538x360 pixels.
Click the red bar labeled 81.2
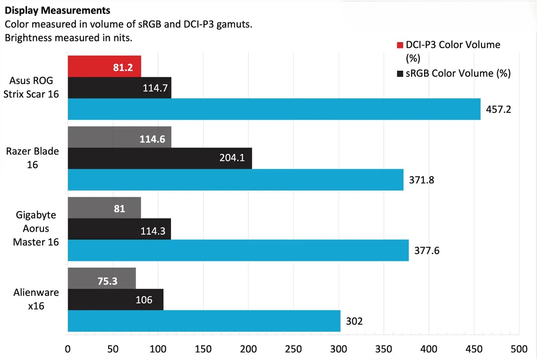coord(104,66)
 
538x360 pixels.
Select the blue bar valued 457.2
coord(273,109)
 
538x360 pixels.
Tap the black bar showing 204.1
coord(160,158)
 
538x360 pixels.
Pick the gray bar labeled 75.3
coord(101,278)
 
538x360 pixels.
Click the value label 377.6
coord(427,251)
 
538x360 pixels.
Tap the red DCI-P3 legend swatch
coord(400,45)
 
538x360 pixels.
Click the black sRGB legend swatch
coord(400,73)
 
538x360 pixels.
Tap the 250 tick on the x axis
coord(293,349)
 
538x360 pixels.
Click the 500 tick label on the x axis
coord(519,349)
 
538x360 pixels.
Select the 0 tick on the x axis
coord(68,349)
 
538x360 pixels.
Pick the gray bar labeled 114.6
coord(119,137)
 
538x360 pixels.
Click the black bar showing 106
coord(116,299)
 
